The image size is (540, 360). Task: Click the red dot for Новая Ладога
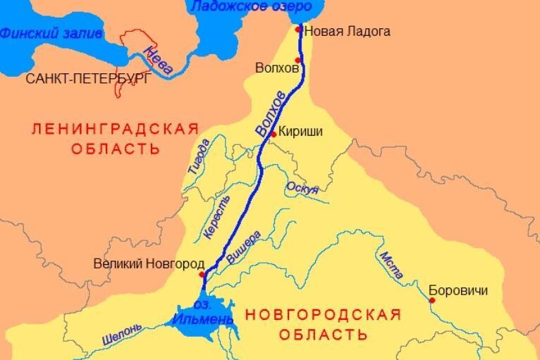point(300,30)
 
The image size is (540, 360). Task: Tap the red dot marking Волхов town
point(298,61)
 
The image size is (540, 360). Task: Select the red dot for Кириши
point(274,134)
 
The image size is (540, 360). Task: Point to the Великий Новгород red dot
point(202,274)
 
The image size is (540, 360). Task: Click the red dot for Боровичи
point(432,300)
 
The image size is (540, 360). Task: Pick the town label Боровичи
point(458,290)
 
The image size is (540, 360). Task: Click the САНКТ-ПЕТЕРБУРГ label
point(87,79)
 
